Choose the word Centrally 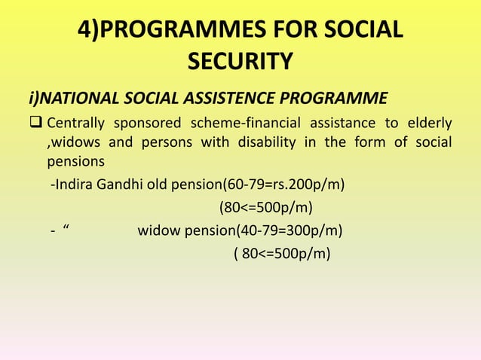point(75,123)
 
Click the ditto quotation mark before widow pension point(66,229)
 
